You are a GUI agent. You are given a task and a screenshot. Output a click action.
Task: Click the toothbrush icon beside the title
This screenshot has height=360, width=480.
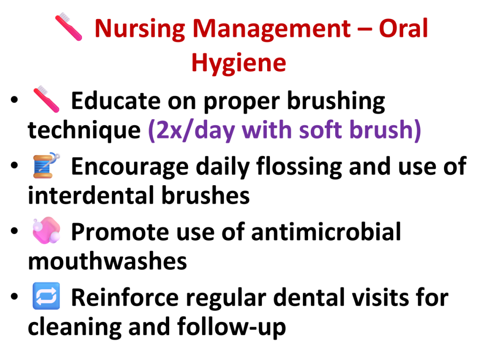coord(68,27)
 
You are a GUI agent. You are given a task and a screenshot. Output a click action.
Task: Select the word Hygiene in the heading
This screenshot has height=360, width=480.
coord(239,63)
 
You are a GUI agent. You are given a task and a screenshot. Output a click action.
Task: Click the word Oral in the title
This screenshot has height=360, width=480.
coord(403,28)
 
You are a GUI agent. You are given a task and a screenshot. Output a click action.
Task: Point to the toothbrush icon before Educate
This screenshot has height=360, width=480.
coord(46,99)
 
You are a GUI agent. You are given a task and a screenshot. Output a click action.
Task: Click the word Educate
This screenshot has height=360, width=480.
coord(116,101)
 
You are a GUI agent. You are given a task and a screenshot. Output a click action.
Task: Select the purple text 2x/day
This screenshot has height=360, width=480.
coord(191,130)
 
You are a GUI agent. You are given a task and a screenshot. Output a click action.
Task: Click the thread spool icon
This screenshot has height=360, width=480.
coord(46,165)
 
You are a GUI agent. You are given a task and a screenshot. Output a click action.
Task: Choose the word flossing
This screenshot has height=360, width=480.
coord(299,167)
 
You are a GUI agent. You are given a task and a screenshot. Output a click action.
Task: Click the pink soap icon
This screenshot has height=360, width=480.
coord(46,231)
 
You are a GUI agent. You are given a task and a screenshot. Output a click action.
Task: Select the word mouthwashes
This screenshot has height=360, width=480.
coord(107,261)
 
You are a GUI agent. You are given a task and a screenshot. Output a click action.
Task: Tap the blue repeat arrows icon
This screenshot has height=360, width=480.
coord(46,296)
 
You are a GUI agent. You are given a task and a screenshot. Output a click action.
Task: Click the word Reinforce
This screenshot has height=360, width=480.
coord(125,298)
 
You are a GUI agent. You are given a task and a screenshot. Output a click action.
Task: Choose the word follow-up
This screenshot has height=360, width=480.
coord(232,328)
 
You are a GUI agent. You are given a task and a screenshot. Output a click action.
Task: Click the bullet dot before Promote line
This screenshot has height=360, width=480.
coord(15,231)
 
